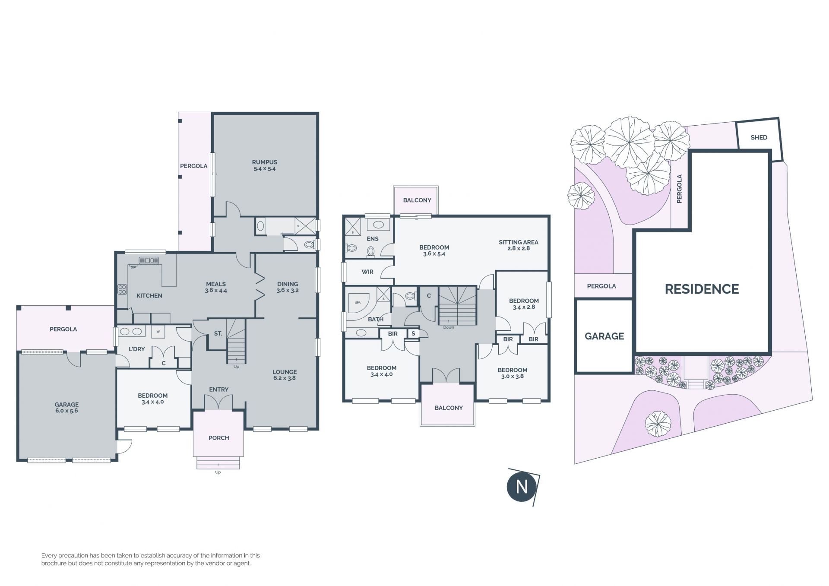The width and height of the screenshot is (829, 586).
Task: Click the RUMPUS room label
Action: (264, 162)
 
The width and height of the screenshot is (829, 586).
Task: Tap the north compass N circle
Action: (522, 487)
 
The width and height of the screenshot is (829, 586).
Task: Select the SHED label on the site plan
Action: (759, 137)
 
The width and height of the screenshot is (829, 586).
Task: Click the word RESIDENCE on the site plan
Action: (702, 289)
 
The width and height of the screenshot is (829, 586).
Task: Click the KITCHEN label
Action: (149, 296)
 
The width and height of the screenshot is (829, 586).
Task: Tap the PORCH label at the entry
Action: (219, 438)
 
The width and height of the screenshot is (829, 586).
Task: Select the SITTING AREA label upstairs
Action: (519, 242)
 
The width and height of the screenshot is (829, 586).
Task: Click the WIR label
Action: (367, 272)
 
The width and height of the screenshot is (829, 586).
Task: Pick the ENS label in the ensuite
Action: (372, 238)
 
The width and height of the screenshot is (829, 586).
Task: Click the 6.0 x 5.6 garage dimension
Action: (66, 411)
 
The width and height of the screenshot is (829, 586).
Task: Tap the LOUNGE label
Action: (285, 372)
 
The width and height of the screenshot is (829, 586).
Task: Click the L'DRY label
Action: (136, 349)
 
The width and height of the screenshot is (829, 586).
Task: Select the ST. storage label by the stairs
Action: (218, 333)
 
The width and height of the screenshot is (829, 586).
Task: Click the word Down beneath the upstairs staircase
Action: (449, 327)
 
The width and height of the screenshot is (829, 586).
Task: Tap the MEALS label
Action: (216, 284)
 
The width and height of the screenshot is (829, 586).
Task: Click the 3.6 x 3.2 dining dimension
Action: (288, 290)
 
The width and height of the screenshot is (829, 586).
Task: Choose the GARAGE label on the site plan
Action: (604, 336)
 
